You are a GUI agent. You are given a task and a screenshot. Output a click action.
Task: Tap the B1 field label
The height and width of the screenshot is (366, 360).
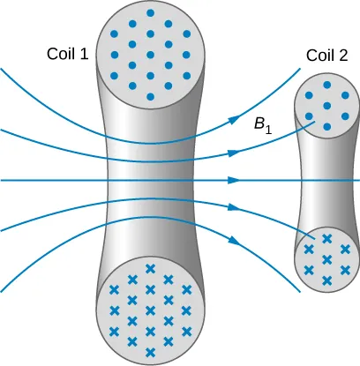point(262,127)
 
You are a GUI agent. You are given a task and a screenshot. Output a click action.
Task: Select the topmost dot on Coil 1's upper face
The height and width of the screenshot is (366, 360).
point(150,15)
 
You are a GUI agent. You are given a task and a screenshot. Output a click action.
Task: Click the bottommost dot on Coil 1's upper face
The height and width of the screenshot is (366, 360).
point(150,96)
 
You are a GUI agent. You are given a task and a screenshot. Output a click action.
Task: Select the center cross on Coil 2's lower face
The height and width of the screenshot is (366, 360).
point(326,258)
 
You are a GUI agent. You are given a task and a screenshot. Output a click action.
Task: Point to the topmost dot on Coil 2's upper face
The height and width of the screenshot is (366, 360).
point(326,86)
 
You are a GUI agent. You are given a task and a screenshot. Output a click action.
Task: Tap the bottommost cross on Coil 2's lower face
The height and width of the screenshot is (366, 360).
point(326,280)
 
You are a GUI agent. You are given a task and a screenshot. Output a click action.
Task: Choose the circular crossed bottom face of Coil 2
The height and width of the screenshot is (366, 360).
point(326,258)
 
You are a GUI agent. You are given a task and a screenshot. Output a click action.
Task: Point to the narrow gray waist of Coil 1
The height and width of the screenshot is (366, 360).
point(150,181)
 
